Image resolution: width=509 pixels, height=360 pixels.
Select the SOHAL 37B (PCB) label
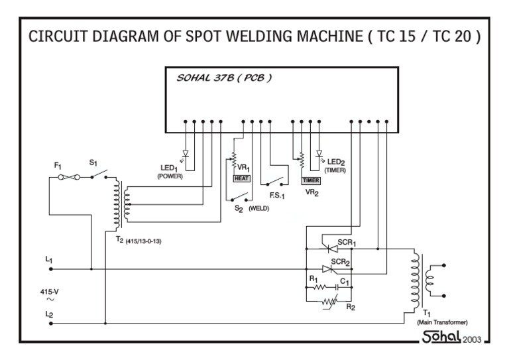click(x=224, y=78)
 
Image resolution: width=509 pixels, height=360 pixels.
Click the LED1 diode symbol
click(x=185, y=154)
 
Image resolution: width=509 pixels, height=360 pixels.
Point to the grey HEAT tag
click(x=241, y=178)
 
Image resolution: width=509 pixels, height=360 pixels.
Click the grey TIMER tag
click(x=310, y=180)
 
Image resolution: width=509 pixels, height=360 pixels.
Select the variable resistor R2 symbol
click(x=328, y=302)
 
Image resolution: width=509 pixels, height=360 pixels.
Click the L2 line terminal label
click(x=49, y=315)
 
